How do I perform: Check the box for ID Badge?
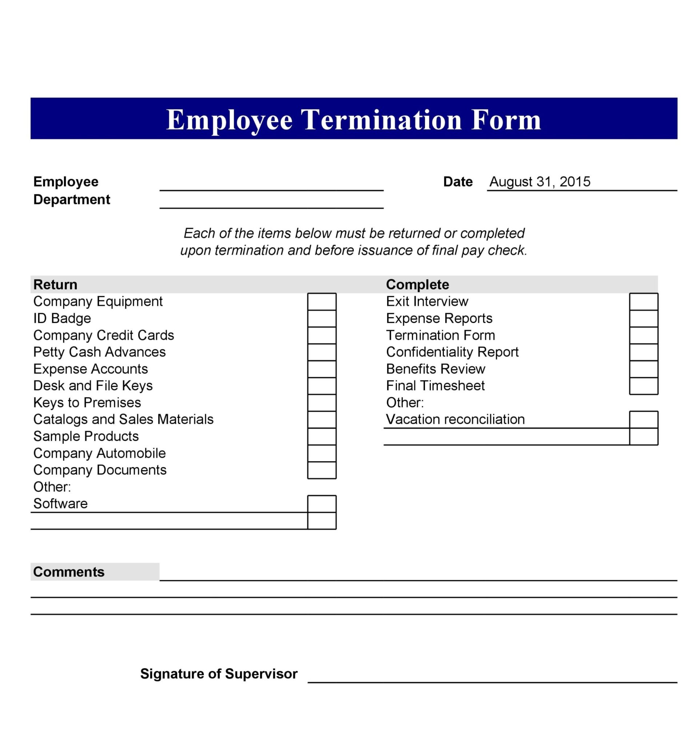coord(322,319)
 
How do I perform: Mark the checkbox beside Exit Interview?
coord(644,302)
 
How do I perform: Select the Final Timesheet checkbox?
coord(644,386)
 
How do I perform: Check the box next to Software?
coord(322,504)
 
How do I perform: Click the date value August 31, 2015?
coord(540,182)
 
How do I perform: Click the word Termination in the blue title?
coord(381,120)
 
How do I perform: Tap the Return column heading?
coord(55,285)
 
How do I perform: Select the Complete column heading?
coord(417,285)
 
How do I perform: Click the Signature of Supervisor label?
coord(219,674)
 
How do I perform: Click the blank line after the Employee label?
coord(271,186)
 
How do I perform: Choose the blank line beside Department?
coord(271,203)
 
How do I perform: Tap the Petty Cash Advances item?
coord(99,352)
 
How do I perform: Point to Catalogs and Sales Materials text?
coord(123,419)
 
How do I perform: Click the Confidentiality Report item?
coord(452,352)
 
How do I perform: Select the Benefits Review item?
coord(436,369)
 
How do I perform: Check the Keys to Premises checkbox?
coord(322,403)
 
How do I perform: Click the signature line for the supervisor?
coord(492,678)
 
